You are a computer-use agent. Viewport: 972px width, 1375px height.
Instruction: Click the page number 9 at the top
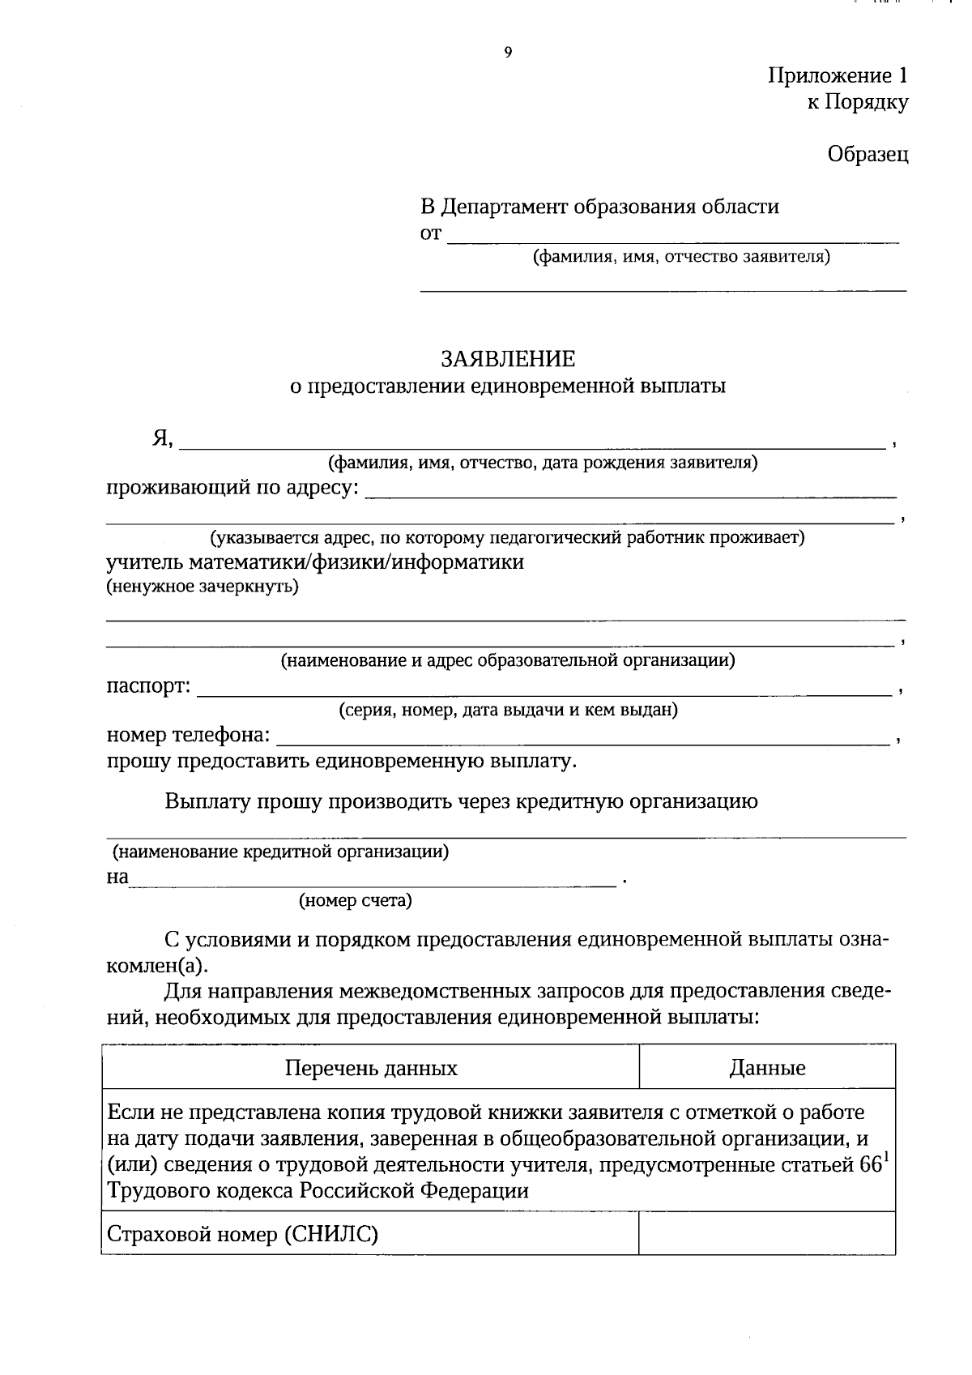[508, 53]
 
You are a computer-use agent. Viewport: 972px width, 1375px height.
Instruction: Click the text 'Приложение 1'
[838, 76]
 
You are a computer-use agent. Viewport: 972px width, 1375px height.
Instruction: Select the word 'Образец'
[868, 154]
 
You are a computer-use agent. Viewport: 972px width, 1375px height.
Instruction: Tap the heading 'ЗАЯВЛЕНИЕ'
[508, 359]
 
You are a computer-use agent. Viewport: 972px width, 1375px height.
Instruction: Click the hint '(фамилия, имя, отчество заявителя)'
[681, 257]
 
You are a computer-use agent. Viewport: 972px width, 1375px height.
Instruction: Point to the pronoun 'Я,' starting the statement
[163, 438]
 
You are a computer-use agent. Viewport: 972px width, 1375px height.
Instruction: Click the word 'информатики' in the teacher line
[458, 562]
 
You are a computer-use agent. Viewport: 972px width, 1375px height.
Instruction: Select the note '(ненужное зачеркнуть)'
[202, 587]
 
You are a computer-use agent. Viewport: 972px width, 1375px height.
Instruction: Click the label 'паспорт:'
[149, 687]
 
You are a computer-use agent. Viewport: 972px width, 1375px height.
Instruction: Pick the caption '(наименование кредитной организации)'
[280, 852]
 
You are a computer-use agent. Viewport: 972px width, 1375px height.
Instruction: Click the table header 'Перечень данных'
[371, 1068]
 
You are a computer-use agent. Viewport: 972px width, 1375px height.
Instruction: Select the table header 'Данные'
[767, 1068]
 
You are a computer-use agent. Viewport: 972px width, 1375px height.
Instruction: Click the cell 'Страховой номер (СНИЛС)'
[243, 1235]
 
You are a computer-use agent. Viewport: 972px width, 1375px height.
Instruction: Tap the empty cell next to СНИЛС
[766, 1233]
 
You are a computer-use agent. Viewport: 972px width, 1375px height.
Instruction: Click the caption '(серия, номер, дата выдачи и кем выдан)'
[508, 711]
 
